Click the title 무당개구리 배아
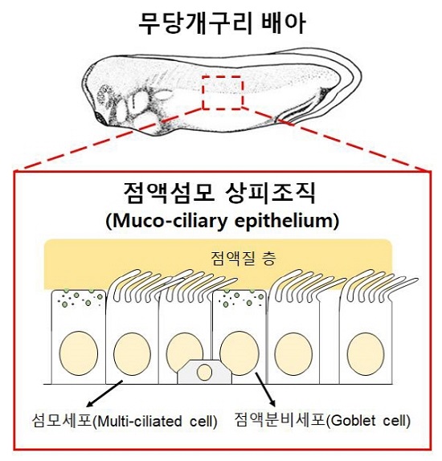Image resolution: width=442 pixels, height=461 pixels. click(x=222, y=23)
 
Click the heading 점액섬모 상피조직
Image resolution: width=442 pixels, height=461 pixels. click(x=219, y=193)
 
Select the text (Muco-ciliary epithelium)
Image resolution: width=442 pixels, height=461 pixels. click(x=222, y=221)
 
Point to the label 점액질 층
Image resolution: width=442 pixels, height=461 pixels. click(x=243, y=258)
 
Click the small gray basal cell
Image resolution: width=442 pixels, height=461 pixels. click(x=204, y=372)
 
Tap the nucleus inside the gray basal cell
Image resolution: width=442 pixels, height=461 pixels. click(x=204, y=373)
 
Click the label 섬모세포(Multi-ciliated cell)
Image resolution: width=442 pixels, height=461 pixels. click(x=125, y=421)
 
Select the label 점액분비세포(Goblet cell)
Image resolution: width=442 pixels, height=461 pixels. click(x=322, y=420)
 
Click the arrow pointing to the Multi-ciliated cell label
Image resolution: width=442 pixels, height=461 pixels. click(x=104, y=394)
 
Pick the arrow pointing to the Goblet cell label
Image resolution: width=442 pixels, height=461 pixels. click(x=265, y=390)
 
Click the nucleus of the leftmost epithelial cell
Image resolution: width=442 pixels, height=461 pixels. click(x=79, y=353)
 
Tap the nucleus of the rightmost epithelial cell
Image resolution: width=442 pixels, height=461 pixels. click(x=366, y=354)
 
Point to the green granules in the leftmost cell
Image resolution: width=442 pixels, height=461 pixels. click(x=80, y=297)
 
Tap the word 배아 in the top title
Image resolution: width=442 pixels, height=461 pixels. click(x=283, y=23)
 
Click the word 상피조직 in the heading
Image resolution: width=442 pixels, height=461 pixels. click(x=270, y=193)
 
